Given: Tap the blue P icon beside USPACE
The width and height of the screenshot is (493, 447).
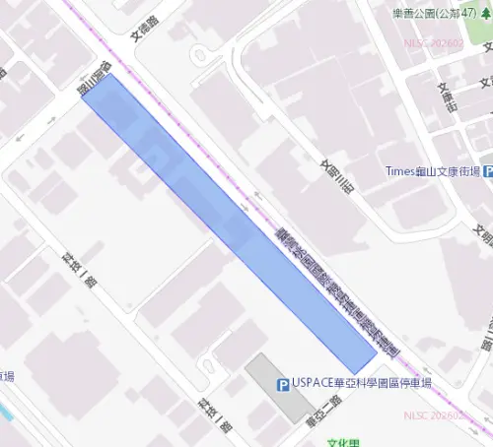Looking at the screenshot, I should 283,384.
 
